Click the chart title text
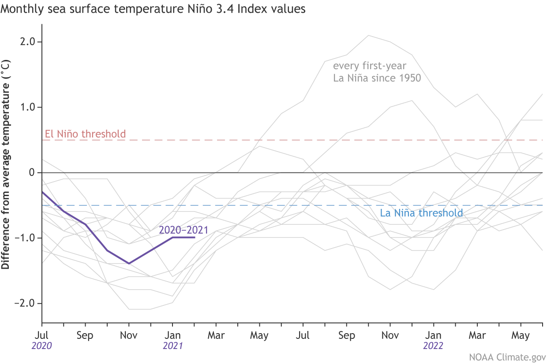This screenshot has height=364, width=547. coord(153,9)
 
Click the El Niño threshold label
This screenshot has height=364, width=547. coord(86,134)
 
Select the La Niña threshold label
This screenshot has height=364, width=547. coord(421,213)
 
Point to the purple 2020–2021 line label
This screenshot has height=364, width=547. coord(184,230)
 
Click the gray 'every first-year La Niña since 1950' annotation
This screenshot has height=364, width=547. coord(377,72)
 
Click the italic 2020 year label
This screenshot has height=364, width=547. coord(42,346)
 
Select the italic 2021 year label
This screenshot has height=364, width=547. coord(172,346)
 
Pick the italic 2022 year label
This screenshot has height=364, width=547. coord(434,346)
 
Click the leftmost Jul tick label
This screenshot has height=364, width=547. coord(42,336)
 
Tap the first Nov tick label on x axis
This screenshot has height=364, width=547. coord(129,336)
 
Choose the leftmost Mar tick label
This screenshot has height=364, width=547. coord(216,336)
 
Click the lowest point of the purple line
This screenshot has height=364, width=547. coord(129,264)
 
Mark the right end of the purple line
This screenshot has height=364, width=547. coord(195,238)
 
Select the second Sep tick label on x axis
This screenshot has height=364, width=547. coord(347,336)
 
